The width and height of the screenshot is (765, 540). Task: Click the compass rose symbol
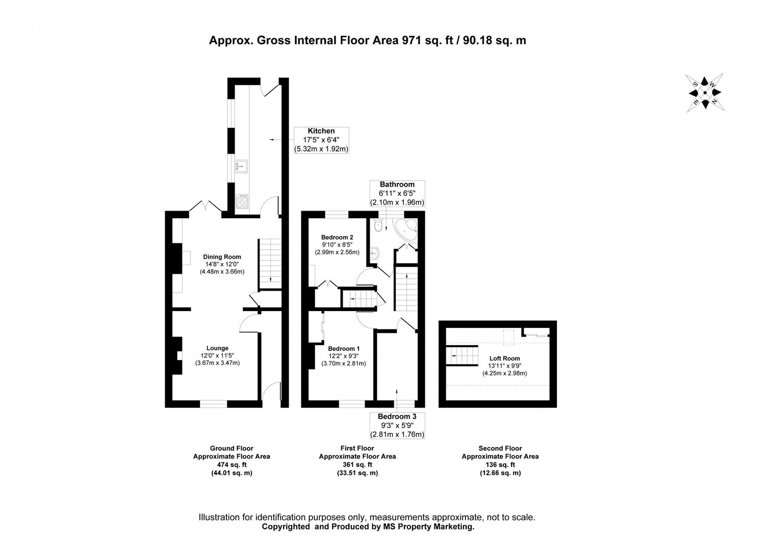pyautogui.click(x=704, y=93)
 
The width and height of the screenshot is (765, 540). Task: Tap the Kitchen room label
pyautogui.click(x=321, y=131)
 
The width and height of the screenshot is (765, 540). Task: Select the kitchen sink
pyautogui.click(x=241, y=165)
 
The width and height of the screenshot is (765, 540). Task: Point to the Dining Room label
pyautogui.click(x=222, y=257)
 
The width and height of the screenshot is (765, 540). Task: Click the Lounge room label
pyautogui.click(x=217, y=348)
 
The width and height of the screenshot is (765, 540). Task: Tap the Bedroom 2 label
pyautogui.click(x=337, y=237)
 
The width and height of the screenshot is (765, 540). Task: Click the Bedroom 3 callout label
pyautogui.click(x=397, y=416)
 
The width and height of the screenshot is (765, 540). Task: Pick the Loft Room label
pyautogui.click(x=504, y=358)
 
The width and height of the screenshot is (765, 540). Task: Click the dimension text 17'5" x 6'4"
pyautogui.click(x=321, y=140)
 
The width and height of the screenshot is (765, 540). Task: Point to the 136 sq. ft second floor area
pyautogui.click(x=500, y=465)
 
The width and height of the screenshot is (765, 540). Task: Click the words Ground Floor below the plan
pyautogui.click(x=232, y=448)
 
